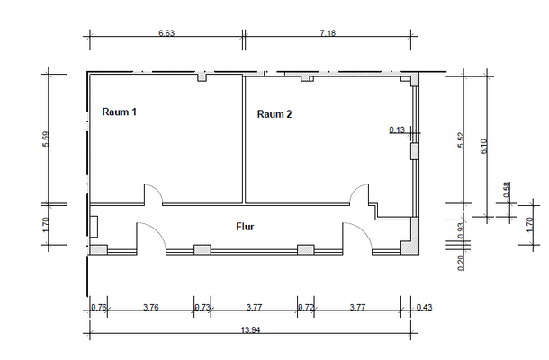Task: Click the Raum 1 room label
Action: (x=120, y=112)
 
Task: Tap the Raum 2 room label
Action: (x=274, y=114)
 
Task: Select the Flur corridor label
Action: (x=245, y=227)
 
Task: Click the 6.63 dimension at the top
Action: (x=166, y=32)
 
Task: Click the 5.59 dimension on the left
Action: (x=46, y=140)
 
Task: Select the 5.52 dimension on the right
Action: (x=460, y=141)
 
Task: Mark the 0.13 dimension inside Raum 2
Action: (x=396, y=130)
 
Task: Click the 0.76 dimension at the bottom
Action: (x=99, y=308)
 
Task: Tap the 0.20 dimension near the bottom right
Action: (x=460, y=262)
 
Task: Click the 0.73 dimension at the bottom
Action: (x=202, y=308)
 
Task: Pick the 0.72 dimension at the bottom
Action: (x=305, y=308)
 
